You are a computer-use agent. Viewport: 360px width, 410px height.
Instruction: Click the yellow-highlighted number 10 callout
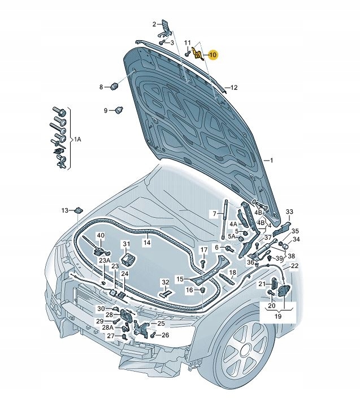[212, 55]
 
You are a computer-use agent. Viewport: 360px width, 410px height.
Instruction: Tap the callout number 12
[233, 88]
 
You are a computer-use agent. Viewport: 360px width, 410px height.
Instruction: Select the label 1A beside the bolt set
[78, 139]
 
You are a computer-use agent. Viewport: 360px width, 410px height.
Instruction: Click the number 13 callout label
[65, 210]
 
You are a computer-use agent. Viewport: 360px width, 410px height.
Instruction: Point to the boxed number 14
[146, 242]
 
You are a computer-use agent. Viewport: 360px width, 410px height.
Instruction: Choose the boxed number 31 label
[127, 244]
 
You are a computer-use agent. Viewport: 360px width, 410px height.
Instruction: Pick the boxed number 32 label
[165, 282]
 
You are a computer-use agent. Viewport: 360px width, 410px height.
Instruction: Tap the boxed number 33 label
[289, 212]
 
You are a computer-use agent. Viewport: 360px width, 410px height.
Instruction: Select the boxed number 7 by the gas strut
[215, 213]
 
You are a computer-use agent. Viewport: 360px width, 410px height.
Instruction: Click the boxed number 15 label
[180, 279]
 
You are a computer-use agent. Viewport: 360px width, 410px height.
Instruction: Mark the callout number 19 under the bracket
[277, 317]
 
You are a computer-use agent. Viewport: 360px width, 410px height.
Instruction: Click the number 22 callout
[295, 266]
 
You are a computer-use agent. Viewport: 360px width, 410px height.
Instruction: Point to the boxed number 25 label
[161, 324]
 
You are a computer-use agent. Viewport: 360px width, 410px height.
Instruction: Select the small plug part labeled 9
[119, 110]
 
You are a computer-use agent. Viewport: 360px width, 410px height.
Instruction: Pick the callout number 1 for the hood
[271, 161]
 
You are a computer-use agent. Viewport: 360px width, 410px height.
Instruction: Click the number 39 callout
[279, 258]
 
